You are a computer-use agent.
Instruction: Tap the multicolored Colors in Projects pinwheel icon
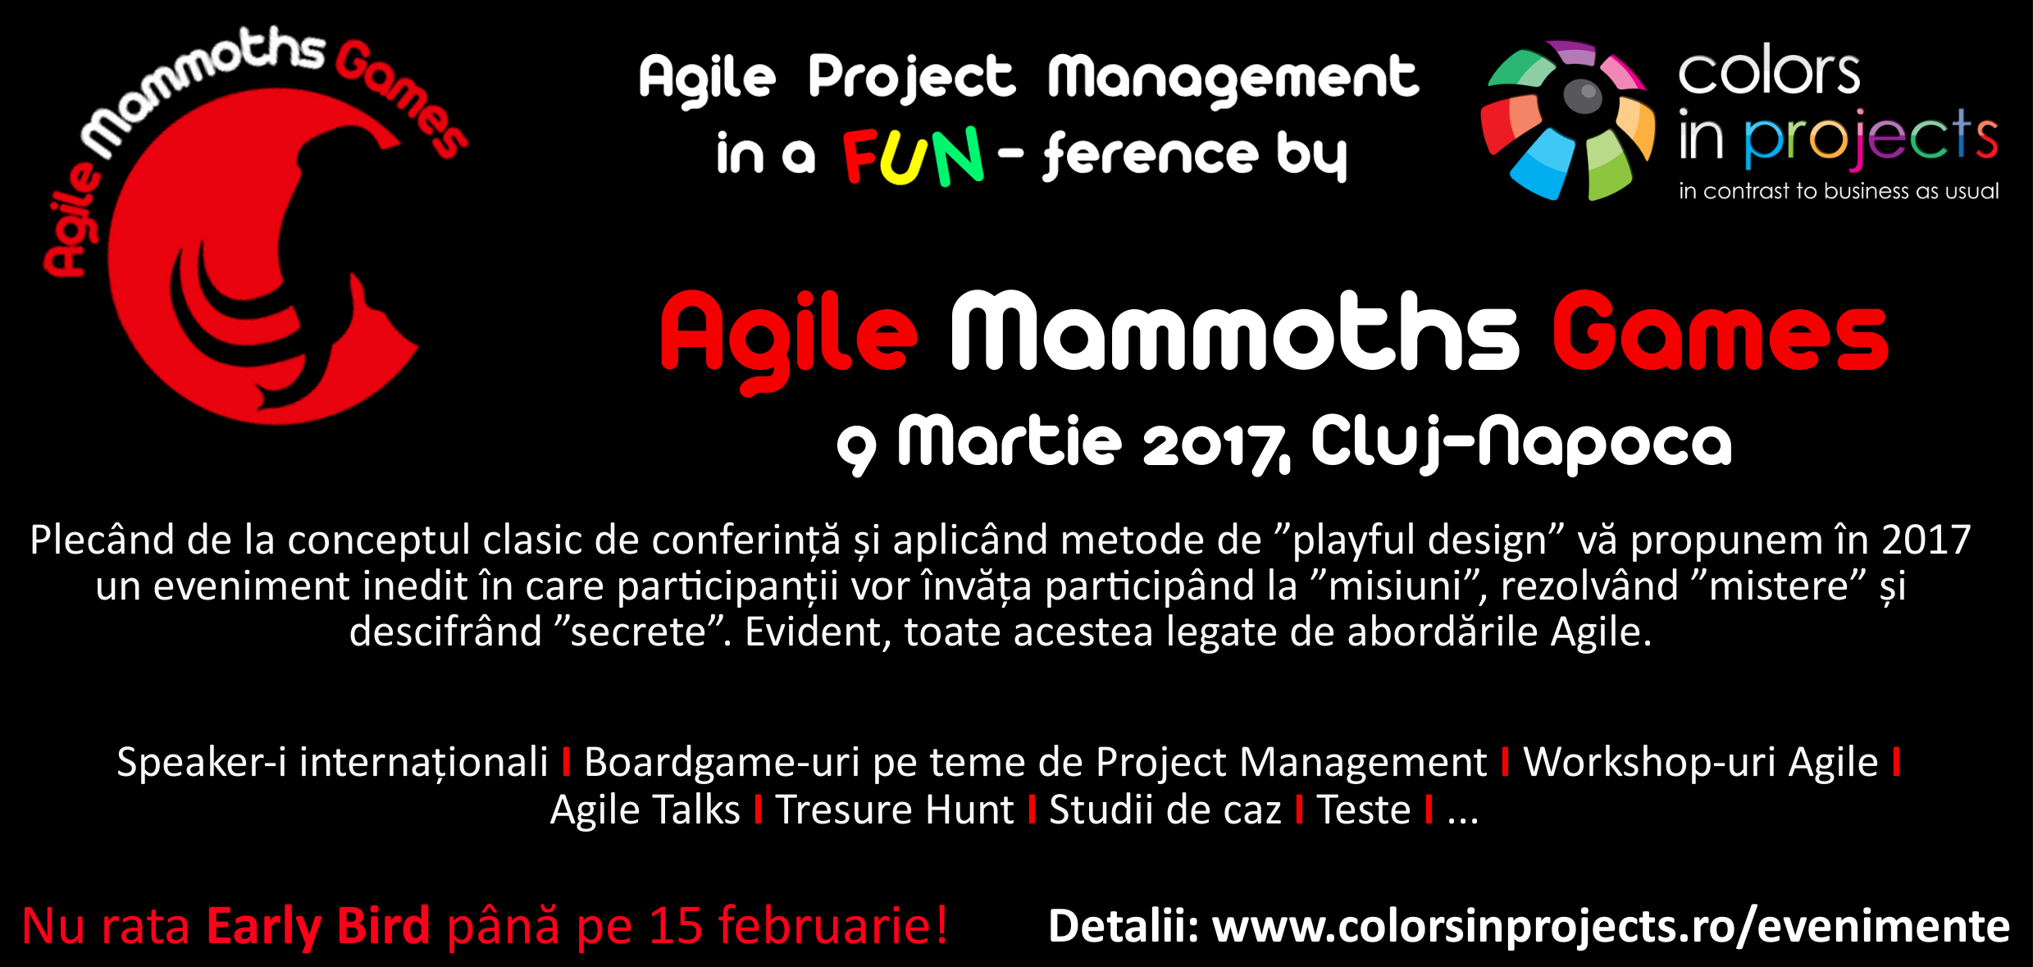(1567, 121)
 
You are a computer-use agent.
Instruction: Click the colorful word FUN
(913, 156)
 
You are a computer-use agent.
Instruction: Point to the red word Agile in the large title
(788, 340)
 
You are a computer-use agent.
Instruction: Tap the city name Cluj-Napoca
(1521, 443)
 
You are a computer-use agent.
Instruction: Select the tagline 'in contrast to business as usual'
(1839, 191)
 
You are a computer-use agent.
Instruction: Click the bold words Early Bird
(318, 925)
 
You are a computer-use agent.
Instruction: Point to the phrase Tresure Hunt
(895, 810)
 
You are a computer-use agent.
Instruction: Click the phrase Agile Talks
(645, 810)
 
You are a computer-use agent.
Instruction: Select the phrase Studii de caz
(1165, 810)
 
